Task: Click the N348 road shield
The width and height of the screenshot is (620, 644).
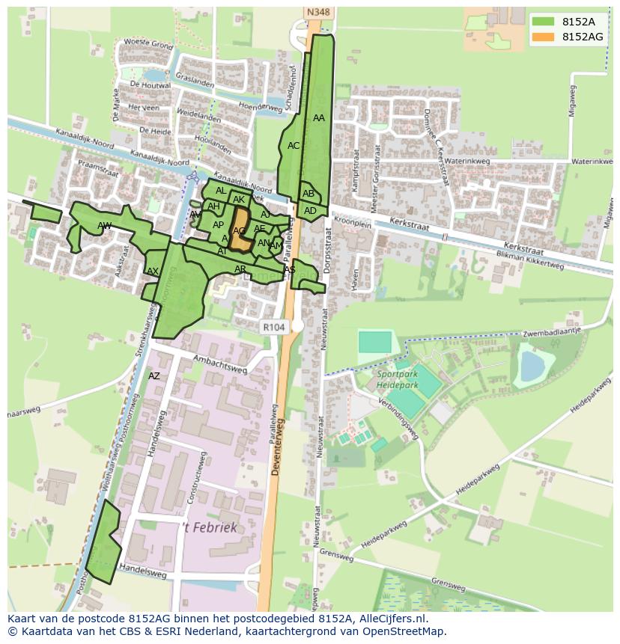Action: pyautogui.click(x=318, y=13)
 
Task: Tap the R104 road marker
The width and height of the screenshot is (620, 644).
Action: pyautogui.click(x=274, y=327)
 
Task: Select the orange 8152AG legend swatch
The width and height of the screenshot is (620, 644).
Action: pyautogui.click(x=544, y=37)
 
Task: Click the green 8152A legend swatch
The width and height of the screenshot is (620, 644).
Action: pyautogui.click(x=544, y=22)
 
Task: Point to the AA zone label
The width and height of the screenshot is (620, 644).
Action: pyautogui.click(x=319, y=118)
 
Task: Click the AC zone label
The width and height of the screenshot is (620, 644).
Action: pyautogui.click(x=294, y=146)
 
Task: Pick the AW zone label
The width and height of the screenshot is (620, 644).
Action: pyautogui.click(x=104, y=226)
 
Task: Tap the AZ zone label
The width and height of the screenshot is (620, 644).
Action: pyautogui.click(x=154, y=376)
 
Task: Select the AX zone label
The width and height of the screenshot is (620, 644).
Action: pyautogui.click(x=153, y=272)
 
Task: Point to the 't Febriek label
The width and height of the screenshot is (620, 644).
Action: pyautogui.click(x=210, y=527)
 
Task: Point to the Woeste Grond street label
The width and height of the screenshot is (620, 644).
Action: pyautogui.click(x=148, y=44)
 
